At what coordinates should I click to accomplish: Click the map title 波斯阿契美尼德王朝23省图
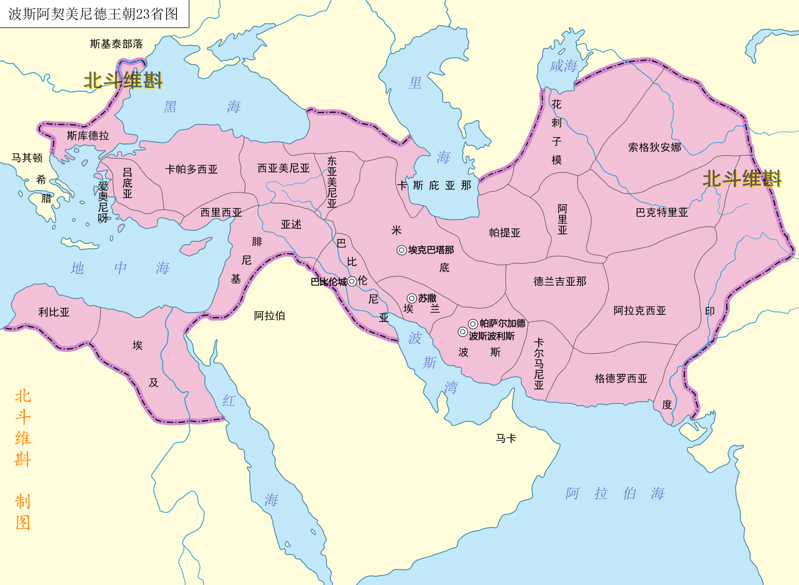[93, 14]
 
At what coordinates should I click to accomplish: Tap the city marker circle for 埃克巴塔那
[401, 250]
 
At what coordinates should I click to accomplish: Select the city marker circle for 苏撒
[412, 298]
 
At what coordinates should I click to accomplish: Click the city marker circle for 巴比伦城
[352, 281]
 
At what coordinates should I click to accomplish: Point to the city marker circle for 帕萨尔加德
[473, 324]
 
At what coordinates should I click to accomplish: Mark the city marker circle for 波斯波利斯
[462, 332]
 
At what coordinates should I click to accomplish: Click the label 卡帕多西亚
[191, 169]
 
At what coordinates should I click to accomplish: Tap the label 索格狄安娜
[654, 147]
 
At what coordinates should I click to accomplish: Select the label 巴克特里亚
[661, 213]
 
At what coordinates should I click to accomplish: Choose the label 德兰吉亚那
[560, 282]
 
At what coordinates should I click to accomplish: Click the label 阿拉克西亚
[639, 311]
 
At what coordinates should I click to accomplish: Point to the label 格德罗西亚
[621, 378]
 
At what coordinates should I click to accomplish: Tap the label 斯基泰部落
[116, 44]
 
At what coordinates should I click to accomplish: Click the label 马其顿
[27, 158]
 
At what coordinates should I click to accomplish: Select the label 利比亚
[54, 312]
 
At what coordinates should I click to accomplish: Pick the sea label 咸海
[563, 66]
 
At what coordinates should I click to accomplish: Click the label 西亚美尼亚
[283, 168]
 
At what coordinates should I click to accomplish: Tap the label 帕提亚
[504, 233]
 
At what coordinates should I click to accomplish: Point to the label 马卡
[506, 438]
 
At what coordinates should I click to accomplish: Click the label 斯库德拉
[88, 136]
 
